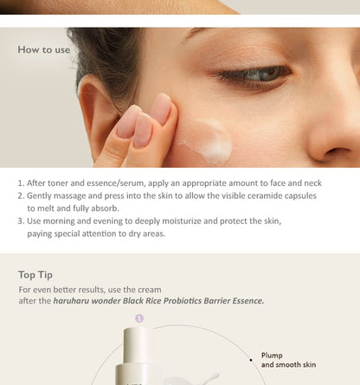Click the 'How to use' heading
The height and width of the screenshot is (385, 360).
tap(44, 49)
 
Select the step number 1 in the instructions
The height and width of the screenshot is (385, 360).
tap(20, 183)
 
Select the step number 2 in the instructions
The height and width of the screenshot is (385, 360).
tap(20, 196)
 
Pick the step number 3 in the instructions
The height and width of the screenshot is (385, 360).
tap(20, 221)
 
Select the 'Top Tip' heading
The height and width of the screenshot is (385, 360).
tap(35, 275)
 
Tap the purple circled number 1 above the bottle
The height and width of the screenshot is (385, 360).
tap(139, 318)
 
